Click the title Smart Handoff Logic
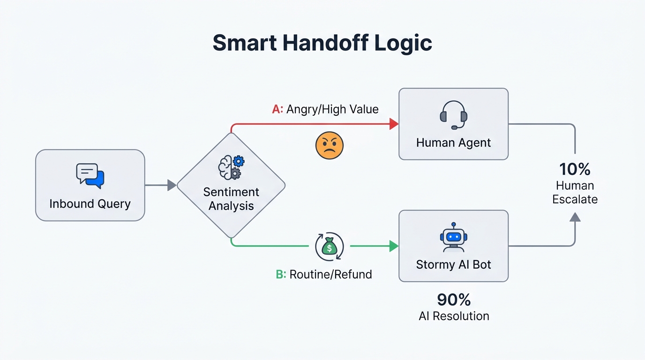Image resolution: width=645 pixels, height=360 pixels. [x=322, y=43]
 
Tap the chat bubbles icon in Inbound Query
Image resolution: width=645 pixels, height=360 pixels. [x=90, y=176]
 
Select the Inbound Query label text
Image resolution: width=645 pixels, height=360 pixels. [x=90, y=204]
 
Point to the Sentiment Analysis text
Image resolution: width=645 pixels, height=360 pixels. [x=231, y=199]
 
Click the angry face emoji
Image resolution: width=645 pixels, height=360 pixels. [x=330, y=145]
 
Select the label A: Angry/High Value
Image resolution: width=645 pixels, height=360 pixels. [x=325, y=109]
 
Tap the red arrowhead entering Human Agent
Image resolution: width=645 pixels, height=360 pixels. [x=394, y=124]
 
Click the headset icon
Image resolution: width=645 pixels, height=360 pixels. [x=453, y=114]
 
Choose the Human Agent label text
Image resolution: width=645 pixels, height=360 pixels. [x=453, y=142]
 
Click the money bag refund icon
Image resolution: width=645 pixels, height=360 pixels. [x=330, y=246]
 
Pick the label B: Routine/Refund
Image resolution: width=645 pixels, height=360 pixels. [x=324, y=274]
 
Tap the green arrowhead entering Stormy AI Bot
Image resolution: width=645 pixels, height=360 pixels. [x=394, y=246]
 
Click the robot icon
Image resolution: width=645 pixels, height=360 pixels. [x=453, y=237]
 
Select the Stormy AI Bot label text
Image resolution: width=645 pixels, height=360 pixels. [x=453, y=264]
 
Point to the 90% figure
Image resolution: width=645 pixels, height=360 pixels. [x=453, y=300]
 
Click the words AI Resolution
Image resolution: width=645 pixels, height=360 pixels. [x=453, y=316]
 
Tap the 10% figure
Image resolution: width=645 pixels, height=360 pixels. [x=575, y=169]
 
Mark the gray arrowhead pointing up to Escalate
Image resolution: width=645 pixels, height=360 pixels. [x=575, y=217]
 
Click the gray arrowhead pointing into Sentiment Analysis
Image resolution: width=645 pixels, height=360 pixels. [x=172, y=185]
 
